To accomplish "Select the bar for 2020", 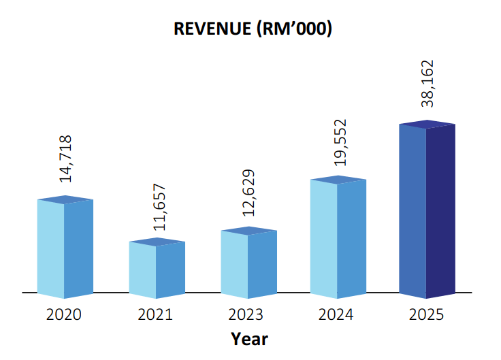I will tap(65, 248).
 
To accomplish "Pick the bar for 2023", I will tap(248, 263).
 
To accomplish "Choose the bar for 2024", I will tap(338, 238).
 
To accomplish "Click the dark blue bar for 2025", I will tap(427, 211).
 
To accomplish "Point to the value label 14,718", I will tap(66, 159).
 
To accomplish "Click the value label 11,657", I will tap(158, 207).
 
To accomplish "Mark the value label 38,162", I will tap(428, 84).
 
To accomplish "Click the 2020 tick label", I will tap(63, 315).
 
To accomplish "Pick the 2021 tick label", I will tap(155, 315).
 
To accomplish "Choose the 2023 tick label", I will tap(246, 315).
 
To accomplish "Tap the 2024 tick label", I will tap(336, 315).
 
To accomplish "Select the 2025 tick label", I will tap(426, 315).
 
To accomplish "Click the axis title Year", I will tap(249, 338).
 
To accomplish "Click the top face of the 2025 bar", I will tap(427, 124).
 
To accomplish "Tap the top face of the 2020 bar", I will tap(65, 199).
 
